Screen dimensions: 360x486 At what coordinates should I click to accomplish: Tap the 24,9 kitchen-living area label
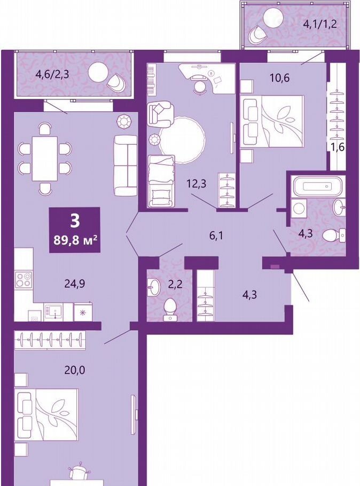click(75, 284)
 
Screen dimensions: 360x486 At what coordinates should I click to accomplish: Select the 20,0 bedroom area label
click(75, 370)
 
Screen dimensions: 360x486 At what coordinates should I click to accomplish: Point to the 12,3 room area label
click(196, 184)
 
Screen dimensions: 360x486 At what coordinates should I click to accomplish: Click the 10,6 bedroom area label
click(280, 77)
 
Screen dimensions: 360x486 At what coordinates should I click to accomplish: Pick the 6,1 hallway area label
click(216, 236)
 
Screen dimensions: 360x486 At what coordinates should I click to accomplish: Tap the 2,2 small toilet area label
click(175, 284)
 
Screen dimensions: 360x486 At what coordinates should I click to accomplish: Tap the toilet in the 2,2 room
click(169, 309)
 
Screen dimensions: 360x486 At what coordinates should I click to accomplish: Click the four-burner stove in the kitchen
click(24, 279)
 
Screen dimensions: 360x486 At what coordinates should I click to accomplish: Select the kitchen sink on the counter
click(53, 311)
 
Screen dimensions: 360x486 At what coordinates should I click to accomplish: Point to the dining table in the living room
click(45, 159)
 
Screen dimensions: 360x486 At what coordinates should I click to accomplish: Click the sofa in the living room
click(126, 165)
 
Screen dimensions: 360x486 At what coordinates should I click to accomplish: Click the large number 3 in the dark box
click(75, 221)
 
